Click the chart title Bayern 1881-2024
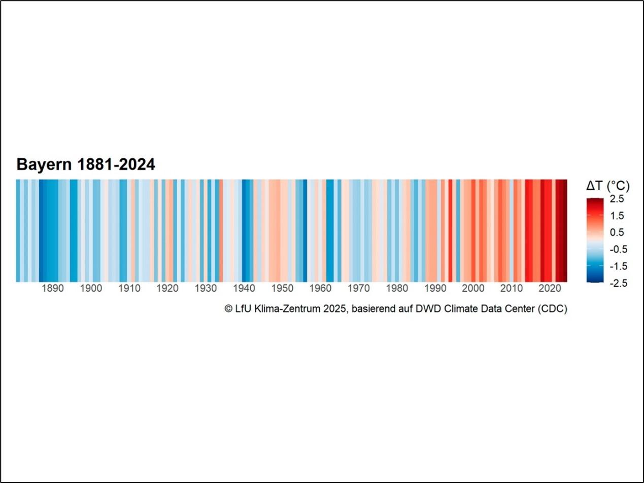tap(85, 164)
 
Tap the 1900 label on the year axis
tap(91, 289)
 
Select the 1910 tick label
tap(129, 289)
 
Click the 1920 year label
tap(167, 289)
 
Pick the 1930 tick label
tap(206, 289)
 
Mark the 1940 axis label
tap(244, 289)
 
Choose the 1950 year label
tap(282, 289)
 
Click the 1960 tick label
tap(320, 289)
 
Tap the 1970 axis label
tap(358, 289)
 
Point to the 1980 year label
tap(397, 289)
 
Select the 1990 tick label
tap(435, 289)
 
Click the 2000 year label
tap(473, 289)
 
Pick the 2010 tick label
tap(512, 289)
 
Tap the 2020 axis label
tap(550, 289)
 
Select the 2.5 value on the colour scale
tap(617, 199)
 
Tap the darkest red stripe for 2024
tap(565, 230)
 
